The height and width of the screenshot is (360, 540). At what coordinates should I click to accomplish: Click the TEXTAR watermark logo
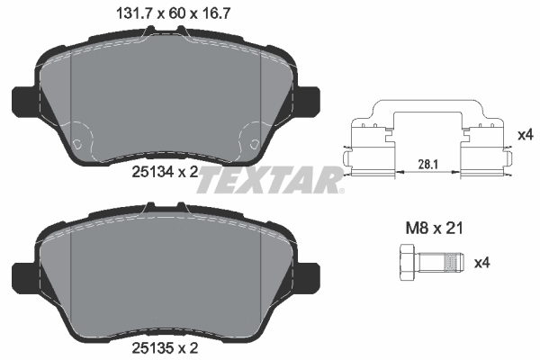coord(270,181)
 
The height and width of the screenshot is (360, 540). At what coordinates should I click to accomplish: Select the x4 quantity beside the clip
coord(526,135)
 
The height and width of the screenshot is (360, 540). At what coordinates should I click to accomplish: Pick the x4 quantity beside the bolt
coord(481,263)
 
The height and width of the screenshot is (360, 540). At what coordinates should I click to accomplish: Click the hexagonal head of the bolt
coord(401,263)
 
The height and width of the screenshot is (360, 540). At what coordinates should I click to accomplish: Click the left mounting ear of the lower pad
coord(22,273)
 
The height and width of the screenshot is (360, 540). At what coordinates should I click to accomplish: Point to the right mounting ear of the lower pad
coord(309,273)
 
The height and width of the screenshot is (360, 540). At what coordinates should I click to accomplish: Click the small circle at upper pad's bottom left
coord(79,144)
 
